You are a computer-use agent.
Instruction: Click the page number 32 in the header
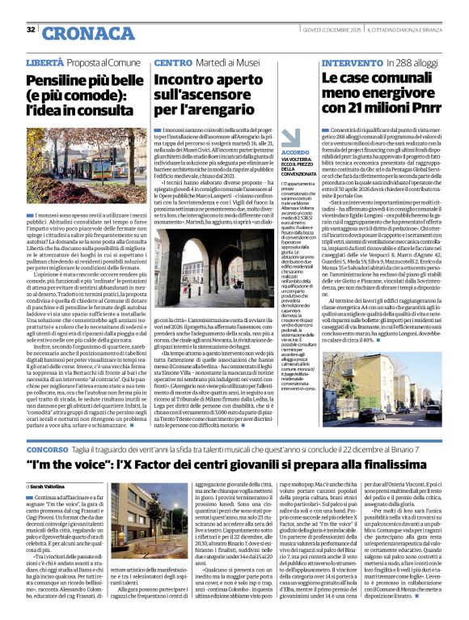coord(31,30)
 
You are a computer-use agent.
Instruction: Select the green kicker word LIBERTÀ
coord(44,62)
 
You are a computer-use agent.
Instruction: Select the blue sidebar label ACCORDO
coord(273,151)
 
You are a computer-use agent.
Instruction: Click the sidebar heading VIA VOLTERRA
coord(274,160)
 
